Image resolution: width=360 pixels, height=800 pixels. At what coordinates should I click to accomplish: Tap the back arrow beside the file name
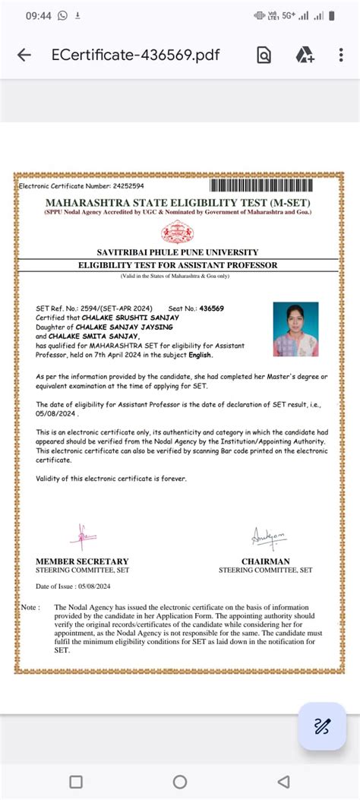pos(24,55)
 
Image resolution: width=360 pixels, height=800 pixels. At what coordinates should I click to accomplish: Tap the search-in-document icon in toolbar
pos(264,55)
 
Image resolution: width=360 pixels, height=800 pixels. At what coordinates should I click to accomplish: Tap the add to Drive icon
pos(305,55)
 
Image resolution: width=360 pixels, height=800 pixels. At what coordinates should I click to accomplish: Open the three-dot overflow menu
pos(342,55)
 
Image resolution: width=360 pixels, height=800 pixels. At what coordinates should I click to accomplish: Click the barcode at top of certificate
pos(271,185)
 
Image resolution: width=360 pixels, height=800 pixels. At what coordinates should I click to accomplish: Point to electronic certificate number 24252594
pos(128,185)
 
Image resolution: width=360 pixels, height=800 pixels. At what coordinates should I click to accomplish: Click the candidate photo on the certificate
pos(295,329)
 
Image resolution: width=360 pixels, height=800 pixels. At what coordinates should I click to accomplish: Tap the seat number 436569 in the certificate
pos(209,308)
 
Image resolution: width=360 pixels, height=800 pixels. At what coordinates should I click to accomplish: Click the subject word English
pos(201,355)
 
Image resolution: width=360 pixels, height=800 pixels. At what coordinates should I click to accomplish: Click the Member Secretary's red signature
pos(81,537)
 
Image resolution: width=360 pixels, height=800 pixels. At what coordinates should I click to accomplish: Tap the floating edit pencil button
pos(322,726)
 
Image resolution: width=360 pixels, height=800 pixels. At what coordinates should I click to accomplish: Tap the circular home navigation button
pos(180,781)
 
